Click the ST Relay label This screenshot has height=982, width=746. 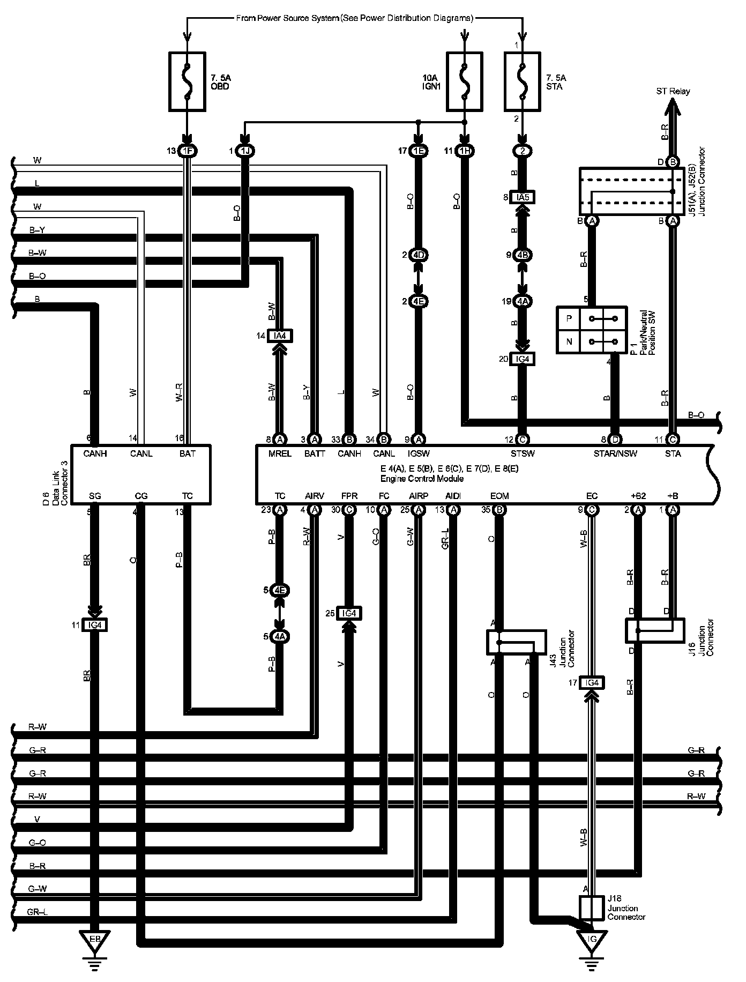673,91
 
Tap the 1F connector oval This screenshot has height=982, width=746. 187,151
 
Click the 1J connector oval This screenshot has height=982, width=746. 245,151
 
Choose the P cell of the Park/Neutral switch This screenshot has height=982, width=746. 569,318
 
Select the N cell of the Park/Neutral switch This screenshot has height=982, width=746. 569,341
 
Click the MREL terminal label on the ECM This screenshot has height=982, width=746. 280,453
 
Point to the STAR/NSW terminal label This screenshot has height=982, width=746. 615,453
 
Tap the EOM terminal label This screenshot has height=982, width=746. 499,496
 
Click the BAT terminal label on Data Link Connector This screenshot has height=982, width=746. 187,453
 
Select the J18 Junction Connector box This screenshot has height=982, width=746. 592,907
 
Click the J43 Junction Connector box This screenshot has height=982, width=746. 516,642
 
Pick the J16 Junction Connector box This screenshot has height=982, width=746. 655,630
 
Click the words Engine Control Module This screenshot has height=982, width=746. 422,478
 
